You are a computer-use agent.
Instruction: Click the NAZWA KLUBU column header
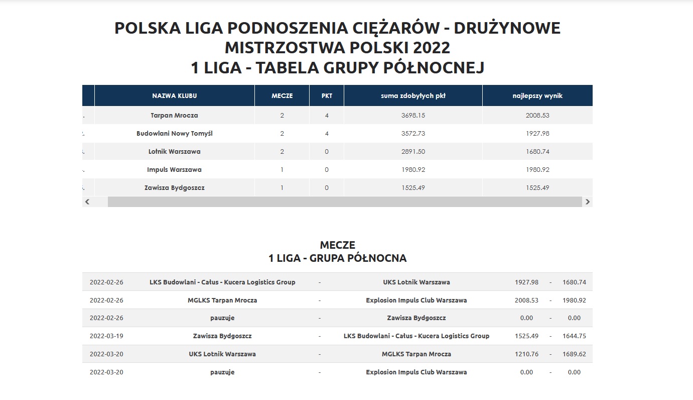point(174,95)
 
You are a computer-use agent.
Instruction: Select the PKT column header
point(326,95)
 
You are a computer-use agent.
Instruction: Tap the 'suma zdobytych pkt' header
point(413,95)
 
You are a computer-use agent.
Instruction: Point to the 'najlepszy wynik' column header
point(537,95)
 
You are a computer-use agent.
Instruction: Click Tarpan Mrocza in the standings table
point(174,115)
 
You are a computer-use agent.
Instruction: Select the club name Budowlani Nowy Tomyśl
point(174,134)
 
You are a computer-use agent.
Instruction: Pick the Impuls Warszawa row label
point(174,170)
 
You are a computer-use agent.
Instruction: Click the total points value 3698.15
point(413,115)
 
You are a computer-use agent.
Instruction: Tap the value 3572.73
point(413,134)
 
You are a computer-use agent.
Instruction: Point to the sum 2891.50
point(413,152)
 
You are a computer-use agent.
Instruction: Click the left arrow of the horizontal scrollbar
point(87,202)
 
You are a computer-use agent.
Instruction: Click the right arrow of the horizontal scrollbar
point(588,202)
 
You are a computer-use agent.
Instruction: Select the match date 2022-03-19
point(106,336)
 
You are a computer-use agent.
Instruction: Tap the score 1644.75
point(574,336)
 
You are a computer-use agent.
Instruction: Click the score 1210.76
point(526,354)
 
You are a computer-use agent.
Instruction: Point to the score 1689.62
point(574,354)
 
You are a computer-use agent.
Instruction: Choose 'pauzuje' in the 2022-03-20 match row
point(222,372)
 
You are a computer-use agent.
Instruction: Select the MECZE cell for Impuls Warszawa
point(282,170)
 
